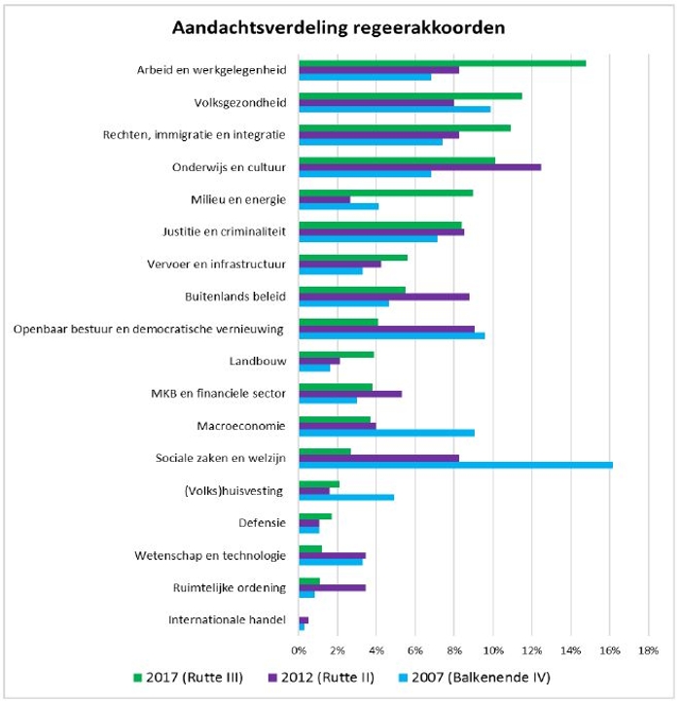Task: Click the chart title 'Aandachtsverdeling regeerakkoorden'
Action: pyautogui.click(x=339, y=28)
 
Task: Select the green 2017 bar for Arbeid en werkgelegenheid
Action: pyautogui.click(x=443, y=63)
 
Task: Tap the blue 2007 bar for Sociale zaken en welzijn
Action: pyautogui.click(x=456, y=465)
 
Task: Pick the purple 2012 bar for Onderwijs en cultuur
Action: pyautogui.click(x=420, y=167)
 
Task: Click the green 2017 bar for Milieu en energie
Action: pyautogui.click(x=386, y=193)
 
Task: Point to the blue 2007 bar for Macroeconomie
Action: pyautogui.click(x=387, y=433)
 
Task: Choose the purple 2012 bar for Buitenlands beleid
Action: pyautogui.click(x=384, y=297)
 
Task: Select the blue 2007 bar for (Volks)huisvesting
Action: pyautogui.click(x=346, y=498)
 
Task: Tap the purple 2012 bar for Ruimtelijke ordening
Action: pyautogui.click(x=333, y=588)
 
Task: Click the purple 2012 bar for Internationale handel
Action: pyautogui.click(x=304, y=620)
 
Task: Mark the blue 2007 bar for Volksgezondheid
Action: pyautogui.click(x=395, y=109)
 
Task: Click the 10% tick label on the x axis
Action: pyautogui.click(x=493, y=650)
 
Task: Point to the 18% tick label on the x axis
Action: pyautogui.click(x=648, y=650)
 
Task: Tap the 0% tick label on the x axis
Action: pyautogui.click(x=299, y=650)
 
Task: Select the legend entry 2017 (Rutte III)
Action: pyautogui.click(x=188, y=678)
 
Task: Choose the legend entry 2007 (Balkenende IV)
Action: pyautogui.click(x=475, y=678)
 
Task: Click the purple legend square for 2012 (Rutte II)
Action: pyautogui.click(x=272, y=678)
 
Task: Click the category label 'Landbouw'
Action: pyautogui.click(x=258, y=362)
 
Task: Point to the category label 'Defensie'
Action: pyautogui.click(x=262, y=523)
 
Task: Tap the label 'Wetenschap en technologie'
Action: pyautogui.click(x=210, y=555)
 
